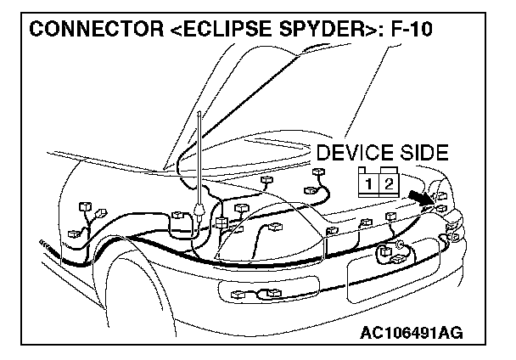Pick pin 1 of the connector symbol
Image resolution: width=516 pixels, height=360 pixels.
[369, 183]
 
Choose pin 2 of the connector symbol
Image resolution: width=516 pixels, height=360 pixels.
[388, 183]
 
